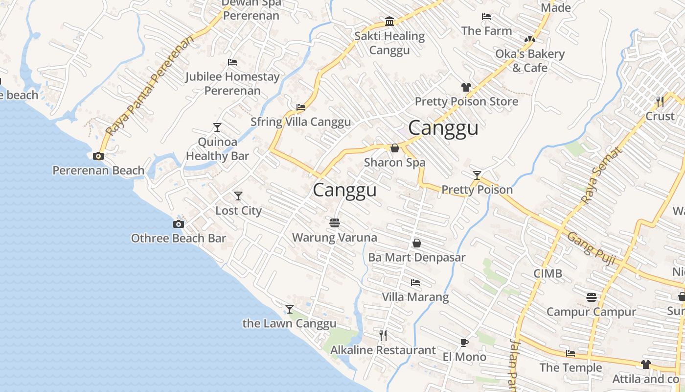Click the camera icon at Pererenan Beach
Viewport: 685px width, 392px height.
98,156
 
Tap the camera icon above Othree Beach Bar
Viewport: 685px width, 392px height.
179,224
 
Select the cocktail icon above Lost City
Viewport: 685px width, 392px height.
238,196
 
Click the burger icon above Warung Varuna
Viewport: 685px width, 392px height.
335,223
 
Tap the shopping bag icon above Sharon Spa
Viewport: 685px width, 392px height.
395,148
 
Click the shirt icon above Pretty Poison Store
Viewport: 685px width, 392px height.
466,87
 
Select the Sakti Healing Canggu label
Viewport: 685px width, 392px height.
389,43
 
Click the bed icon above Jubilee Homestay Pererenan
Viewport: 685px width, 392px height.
232,62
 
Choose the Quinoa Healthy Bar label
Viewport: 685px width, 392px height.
218,149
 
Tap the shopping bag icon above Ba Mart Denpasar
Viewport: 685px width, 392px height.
417,243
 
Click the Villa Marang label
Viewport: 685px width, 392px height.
415,297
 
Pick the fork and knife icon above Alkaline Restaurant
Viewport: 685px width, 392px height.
383,336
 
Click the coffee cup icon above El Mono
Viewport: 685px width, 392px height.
464,343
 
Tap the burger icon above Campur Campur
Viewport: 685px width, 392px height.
591,297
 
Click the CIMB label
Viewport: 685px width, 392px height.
548,273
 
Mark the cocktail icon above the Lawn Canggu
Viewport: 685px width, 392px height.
290,309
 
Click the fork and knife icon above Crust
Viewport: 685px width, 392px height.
660,102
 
